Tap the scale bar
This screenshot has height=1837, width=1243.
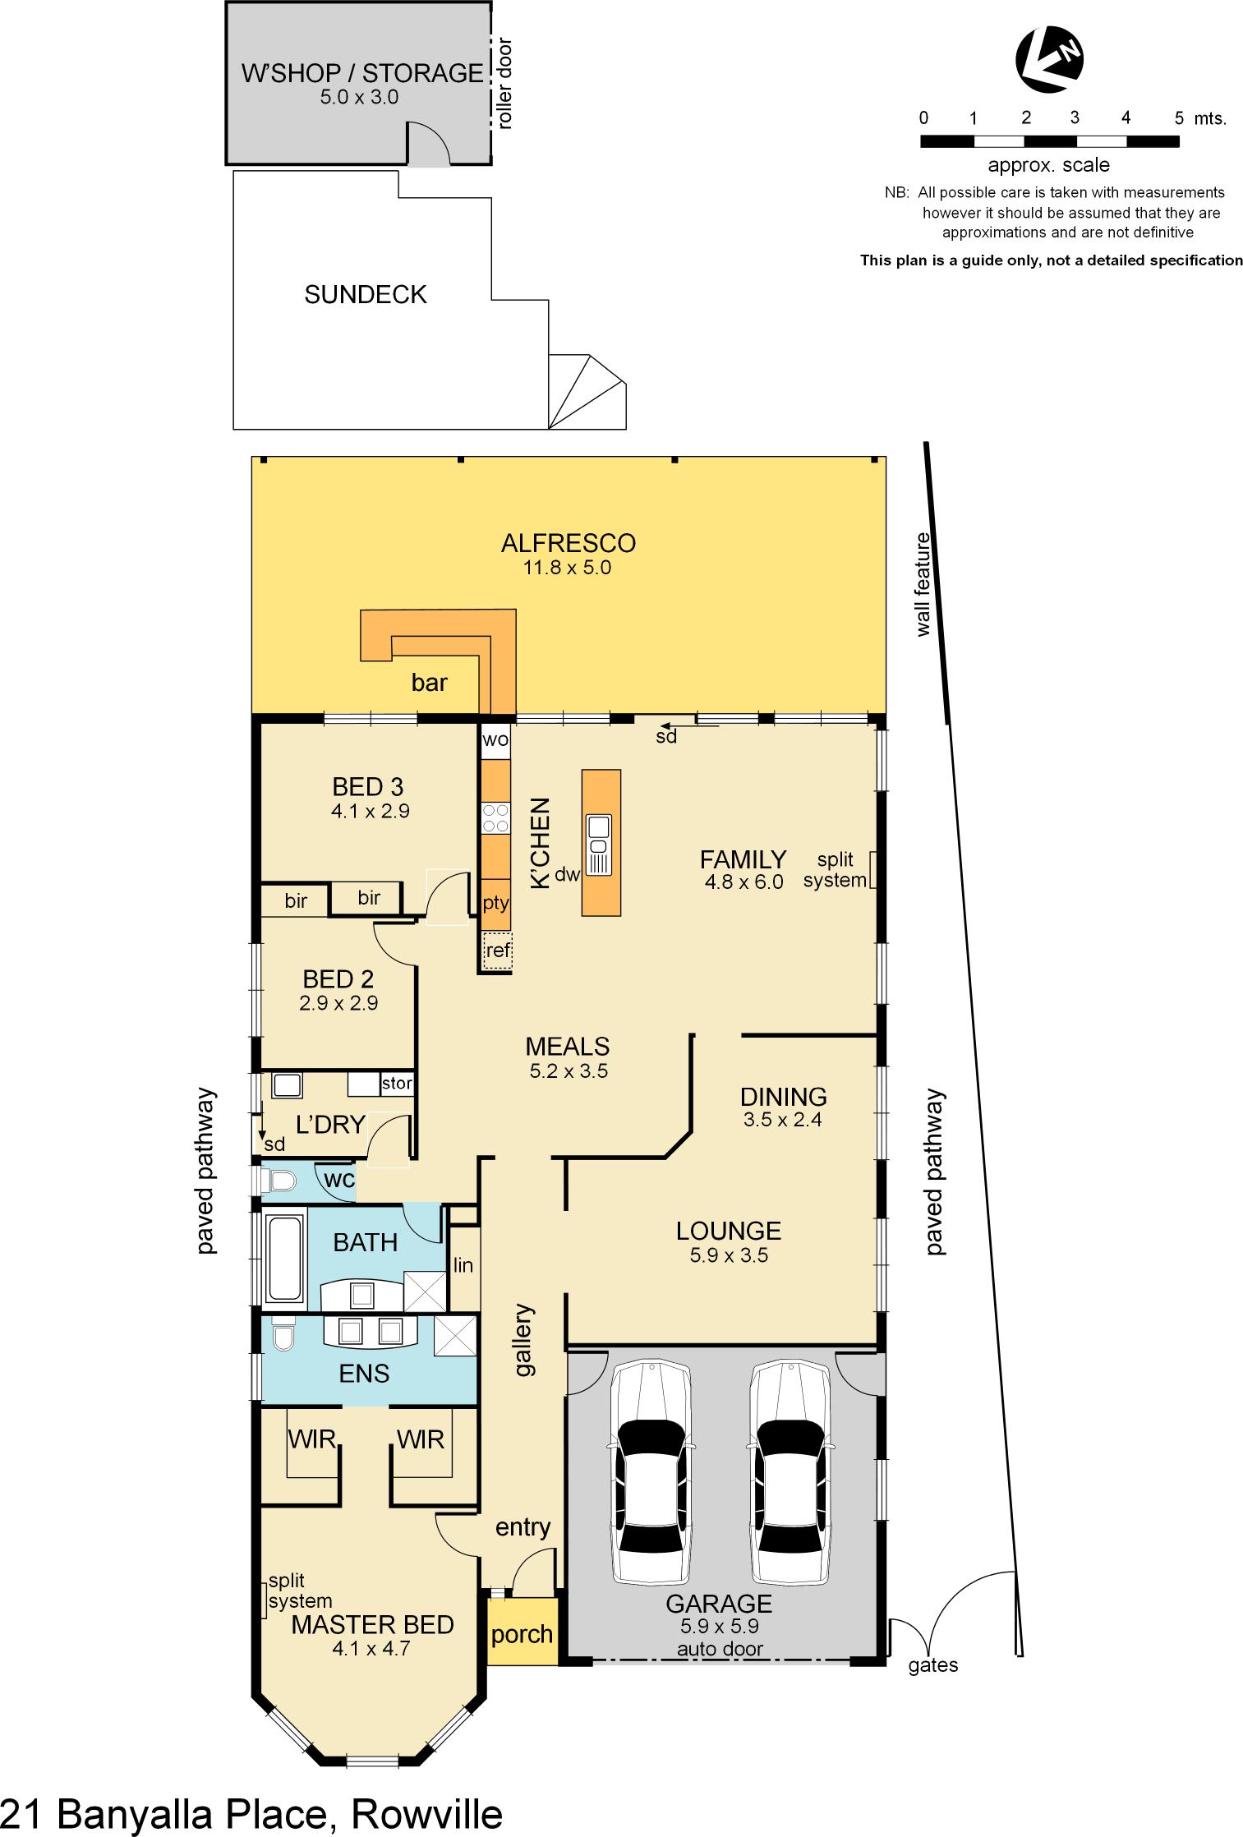1049,141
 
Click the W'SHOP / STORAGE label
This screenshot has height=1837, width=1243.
361,73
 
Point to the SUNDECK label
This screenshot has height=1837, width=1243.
366,295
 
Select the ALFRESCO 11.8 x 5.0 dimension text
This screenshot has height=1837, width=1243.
567,568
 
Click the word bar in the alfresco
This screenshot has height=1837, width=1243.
429,683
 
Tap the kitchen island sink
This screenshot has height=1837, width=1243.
598,836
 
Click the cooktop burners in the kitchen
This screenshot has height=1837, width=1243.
495,818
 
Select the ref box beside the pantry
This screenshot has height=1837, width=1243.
497,951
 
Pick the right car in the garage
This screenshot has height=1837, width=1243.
788,1474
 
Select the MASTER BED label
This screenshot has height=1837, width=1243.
372,1624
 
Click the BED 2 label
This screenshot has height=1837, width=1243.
338,978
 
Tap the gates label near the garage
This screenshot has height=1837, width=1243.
933,1665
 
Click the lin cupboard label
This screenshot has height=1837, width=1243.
463,1266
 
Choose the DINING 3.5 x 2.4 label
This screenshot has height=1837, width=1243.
782,1097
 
